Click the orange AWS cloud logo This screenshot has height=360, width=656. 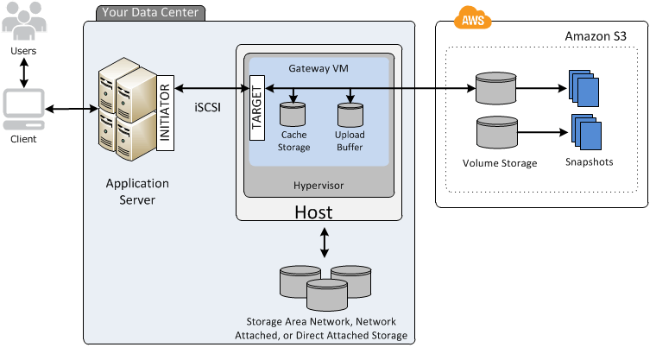tap(473, 18)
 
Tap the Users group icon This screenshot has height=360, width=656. tap(24, 21)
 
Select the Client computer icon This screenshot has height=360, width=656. tap(24, 110)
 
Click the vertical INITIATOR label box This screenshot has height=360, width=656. tap(165, 113)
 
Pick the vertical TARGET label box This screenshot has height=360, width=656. tap(257, 108)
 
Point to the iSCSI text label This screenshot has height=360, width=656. tap(207, 108)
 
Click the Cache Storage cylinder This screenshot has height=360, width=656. tap(293, 114)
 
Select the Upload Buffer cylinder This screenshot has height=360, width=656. tap(350, 115)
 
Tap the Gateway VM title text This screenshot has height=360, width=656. tap(319, 68)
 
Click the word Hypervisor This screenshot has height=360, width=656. tap(319, 186)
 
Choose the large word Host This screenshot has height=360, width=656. tap(313, 212)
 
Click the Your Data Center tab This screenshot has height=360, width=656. tap(150, 13)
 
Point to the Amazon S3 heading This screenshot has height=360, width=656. tap(596, 36)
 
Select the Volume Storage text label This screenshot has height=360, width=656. tap(500, 163)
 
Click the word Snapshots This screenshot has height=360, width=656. tap(589, 162)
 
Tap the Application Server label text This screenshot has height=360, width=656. tap(137, 192)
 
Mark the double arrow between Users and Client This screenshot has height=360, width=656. tap(24, 73)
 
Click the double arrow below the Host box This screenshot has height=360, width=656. tap(325, 243)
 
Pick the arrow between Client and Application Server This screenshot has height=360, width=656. tap(72, 110)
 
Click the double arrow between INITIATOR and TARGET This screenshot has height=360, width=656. tap(211, 88)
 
